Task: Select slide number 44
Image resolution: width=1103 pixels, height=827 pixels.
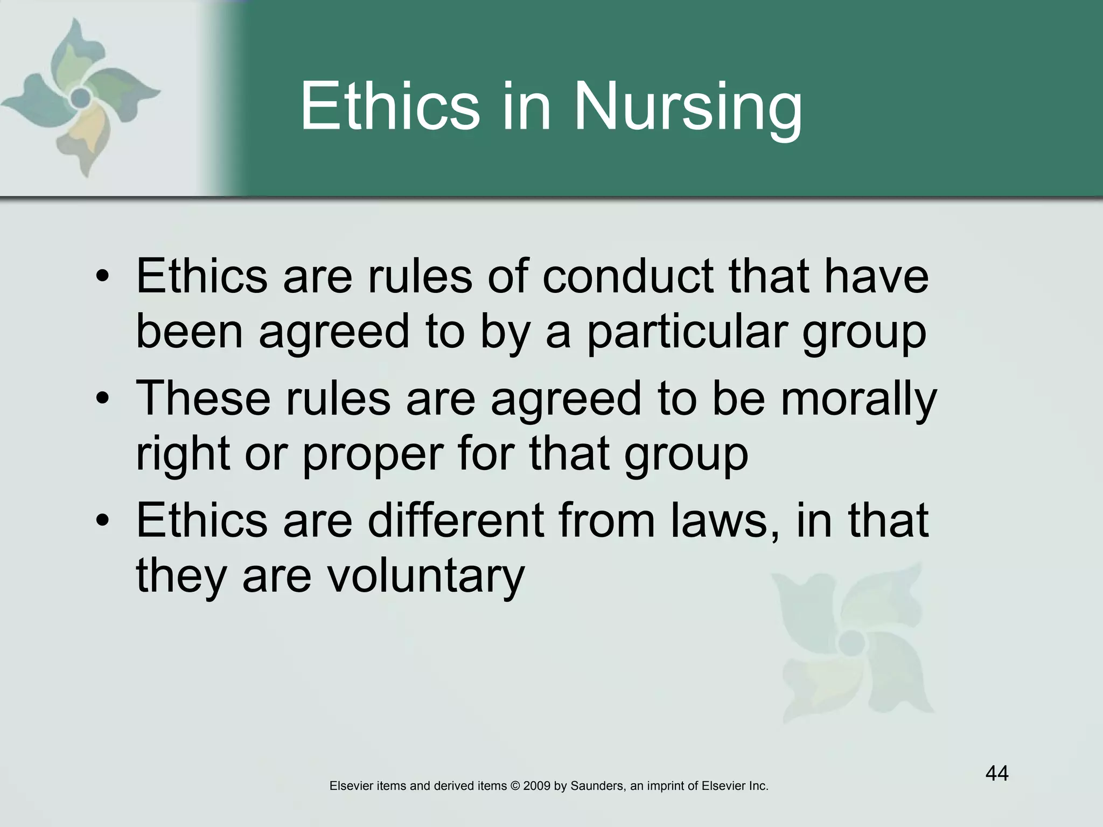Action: (x=997, y=774)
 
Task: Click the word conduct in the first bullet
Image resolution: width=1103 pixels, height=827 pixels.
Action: (x=628, y=277)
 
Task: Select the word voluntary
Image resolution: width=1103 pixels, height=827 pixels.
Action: (x=426, y=576)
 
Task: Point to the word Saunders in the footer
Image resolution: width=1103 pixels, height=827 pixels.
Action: (x=597, y=786)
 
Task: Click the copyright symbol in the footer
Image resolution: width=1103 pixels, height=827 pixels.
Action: (x=514, y=786)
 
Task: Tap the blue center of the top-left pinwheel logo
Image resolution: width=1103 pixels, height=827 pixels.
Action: (x=80, y=97)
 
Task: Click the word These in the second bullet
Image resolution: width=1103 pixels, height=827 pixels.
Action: (x=203, y=399)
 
